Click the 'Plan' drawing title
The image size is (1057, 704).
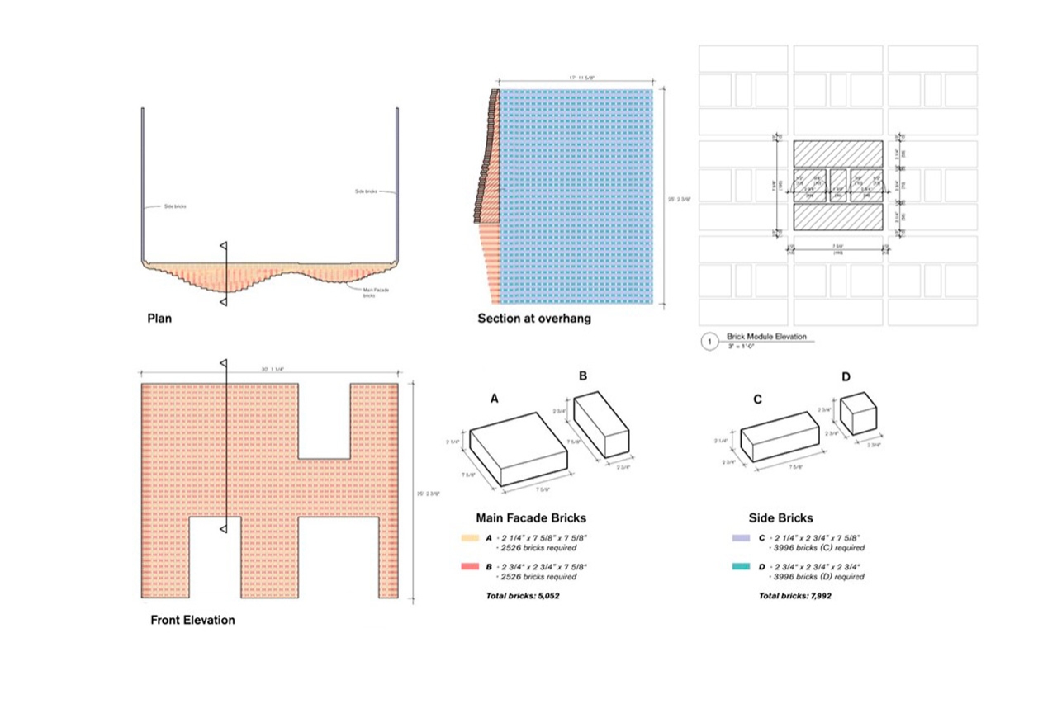tap(159, 318)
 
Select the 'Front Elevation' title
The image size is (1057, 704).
tap(192, 620)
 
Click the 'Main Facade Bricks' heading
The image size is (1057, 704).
tap(531, 517)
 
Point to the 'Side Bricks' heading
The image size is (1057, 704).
tap(780, 517)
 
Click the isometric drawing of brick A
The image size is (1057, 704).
tap(520, 449)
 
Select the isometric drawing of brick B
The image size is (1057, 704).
tap(601, 424)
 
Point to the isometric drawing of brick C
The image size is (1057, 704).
tap(780, 437)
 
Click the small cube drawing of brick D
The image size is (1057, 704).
tap(857, 413)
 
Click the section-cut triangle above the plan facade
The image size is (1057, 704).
tap(223, 247)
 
